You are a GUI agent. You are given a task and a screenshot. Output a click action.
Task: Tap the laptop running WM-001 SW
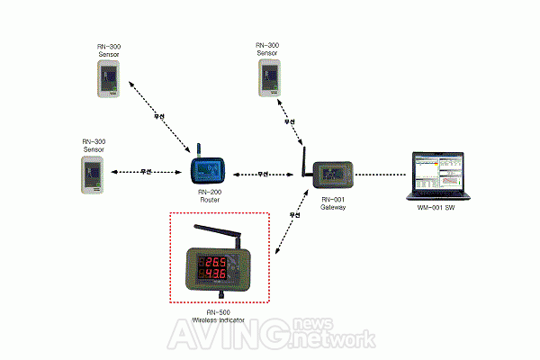438,175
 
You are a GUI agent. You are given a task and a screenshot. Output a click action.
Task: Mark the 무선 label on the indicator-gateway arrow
292,216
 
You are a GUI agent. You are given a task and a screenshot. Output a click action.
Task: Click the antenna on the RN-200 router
198,149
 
